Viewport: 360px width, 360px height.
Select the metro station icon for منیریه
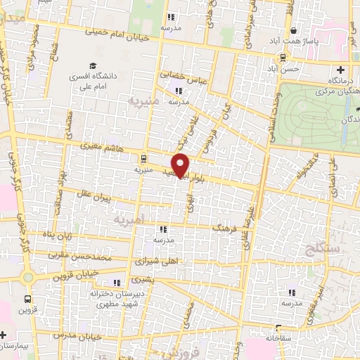143,159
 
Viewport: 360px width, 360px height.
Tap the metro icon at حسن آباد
282,58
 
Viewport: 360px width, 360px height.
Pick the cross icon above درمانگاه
340,70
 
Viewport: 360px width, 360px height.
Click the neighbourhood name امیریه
127,219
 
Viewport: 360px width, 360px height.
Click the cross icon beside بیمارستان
4,334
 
